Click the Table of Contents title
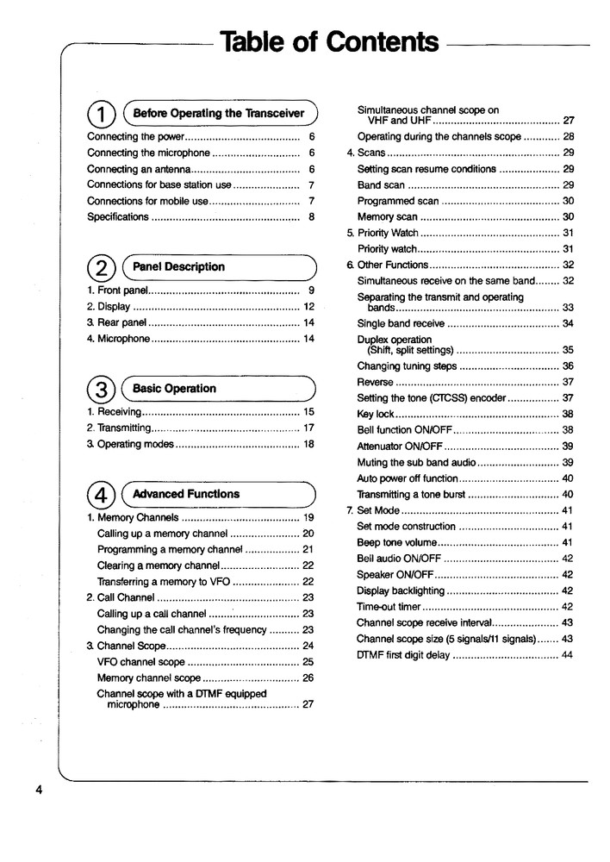pos(328,41)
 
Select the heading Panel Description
pos(178,266)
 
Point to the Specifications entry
pos(118,217)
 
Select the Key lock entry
pos(376,414)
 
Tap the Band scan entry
pos(381,185)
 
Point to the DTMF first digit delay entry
pos(403,655)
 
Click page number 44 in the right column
pos(567,655)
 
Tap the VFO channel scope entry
pos(140,662)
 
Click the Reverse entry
pos(375,382)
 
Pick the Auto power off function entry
pos(408,478)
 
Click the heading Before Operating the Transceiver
pos(219,113)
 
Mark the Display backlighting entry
pos(401,590)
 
